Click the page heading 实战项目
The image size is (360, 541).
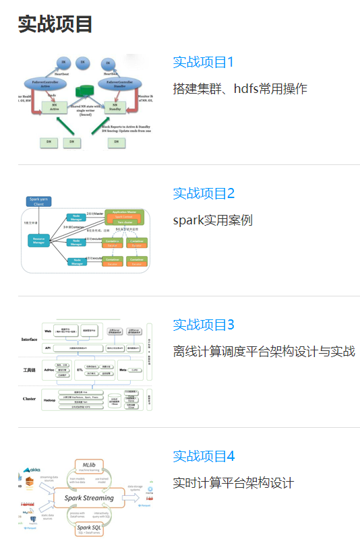(x=55, y=24)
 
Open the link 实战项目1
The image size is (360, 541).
(x=203, y=63)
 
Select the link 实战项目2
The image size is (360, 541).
(x=203, y=194)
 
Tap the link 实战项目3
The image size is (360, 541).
(x=203, y=325)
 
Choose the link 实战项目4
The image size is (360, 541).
(x=203, y=457)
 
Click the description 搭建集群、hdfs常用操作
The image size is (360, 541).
(x=240, y=89)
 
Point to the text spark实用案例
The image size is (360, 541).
(x=212, y=220)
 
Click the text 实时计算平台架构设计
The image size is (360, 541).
(x=233, y=483)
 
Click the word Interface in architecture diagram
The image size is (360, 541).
(x=29, y=340)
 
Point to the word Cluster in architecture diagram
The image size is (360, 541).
(x=29, y=399)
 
